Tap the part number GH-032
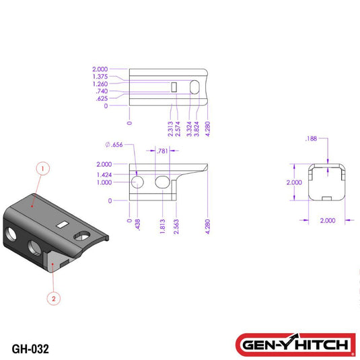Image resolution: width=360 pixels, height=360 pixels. [x=30, y=349]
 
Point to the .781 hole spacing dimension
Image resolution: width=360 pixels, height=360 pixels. [x=162, y=151]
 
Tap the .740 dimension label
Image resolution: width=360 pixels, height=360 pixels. [x=102, y=91]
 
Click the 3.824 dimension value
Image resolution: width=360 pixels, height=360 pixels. [x=196, y=128]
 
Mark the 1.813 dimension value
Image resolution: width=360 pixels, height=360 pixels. [x=164, y=224]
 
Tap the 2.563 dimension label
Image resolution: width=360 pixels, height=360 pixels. [x=176, y=224]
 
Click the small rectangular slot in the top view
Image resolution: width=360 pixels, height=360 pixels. [x=174, y=87]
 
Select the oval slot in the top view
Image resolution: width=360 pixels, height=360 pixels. [x=194, y=87]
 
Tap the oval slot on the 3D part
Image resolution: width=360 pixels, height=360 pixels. [x=83, y=235]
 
